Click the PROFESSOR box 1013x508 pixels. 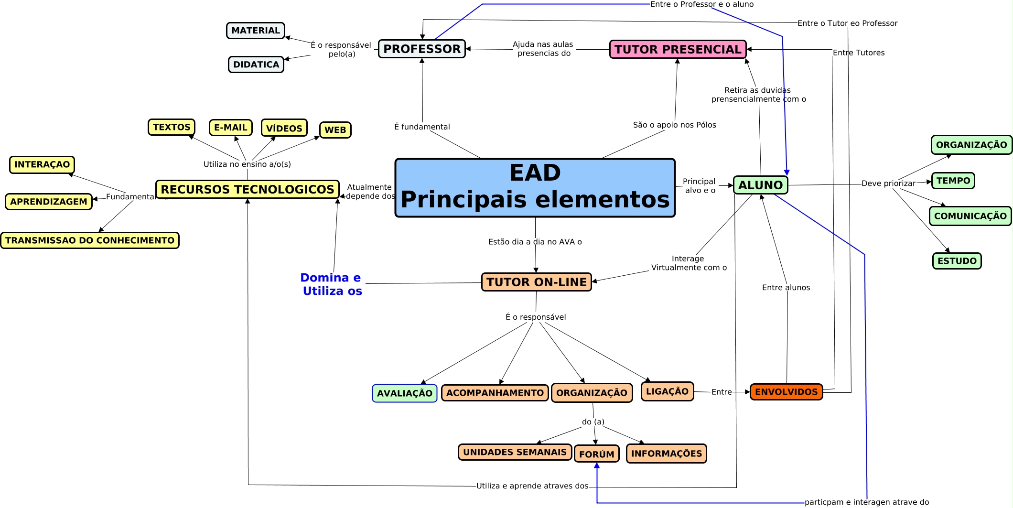[421, 49]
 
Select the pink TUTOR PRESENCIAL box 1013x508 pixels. [678, 49]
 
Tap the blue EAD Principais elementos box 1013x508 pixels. [535, 188]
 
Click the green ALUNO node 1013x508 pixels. [760, 185]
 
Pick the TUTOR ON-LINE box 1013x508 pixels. [536, 282]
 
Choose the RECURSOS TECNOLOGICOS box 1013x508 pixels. [247, 189]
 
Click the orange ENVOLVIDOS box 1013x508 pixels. [786, 392]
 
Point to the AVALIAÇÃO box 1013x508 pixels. [404, 393]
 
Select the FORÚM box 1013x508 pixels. [596, 454]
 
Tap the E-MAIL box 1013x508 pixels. [230, 128]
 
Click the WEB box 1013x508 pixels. [335, 130]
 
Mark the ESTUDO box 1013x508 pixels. [957, 261]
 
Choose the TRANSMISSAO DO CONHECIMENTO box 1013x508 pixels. [90, 240]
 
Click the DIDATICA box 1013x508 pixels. [256, 65]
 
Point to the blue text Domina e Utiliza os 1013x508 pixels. [332, 284]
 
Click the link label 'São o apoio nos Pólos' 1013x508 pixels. [674, 125]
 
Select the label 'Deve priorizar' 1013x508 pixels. [888, 184]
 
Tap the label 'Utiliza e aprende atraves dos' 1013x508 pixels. [532, 486]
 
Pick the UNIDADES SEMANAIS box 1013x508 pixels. [515, 452]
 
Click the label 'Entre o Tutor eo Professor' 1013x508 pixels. [847, 23]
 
